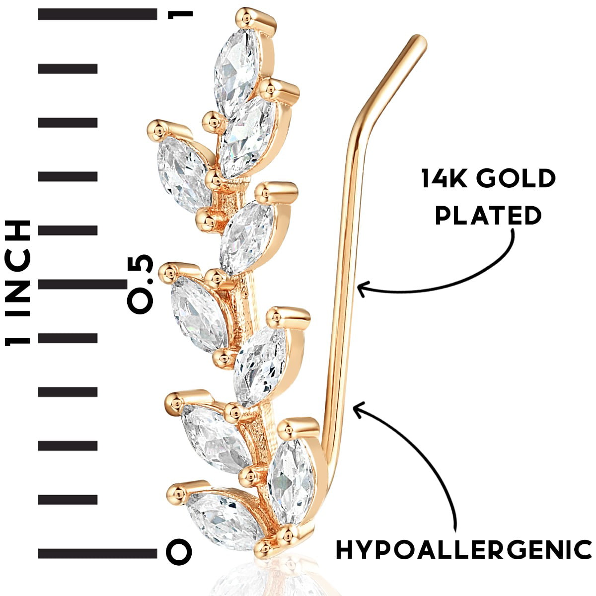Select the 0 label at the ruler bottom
coord(179,552)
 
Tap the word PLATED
coord(488,216)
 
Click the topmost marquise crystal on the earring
coord(236,70)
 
